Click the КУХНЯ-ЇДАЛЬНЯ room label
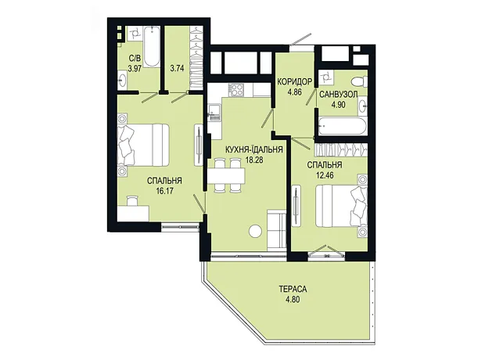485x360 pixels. pyautogui.click(x=254, y=150)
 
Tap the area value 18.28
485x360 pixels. pyautogui.click(x=254, y=160)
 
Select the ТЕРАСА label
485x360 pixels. pyautogui.click(x=293, y=290)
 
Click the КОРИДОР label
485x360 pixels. pyautogui.click(x=294, y=82)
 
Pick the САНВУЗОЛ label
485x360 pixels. pyautogui.click(x=339, y=95)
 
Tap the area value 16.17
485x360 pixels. pyautogui.click(x=164, y=191)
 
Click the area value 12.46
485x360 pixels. pyautogui.click(x=325, y=175)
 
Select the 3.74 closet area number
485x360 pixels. pyautogui.click(x=177, y=68)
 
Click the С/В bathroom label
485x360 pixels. pyautogui.click(x=135, y=58)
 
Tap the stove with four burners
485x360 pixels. pyautogui.click(x=236, y=90)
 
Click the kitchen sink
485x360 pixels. pyautogui.click(x=214, y=113)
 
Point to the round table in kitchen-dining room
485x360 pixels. pyautogui.click(x=256, y=231)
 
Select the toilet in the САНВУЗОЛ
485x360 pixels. pyautogui.click(x=358, y=81)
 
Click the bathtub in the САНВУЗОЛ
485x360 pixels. pyautogui.click(x=342, y=126)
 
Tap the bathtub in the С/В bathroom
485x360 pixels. pyautogui.click(x=152, y=46)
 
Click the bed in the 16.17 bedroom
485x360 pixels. pyautogui.click(x=143, y=146)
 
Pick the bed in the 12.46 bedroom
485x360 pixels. pyautogui.click(x=341, y=206)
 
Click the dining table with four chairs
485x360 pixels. pyautogui.click(x=226, y=176)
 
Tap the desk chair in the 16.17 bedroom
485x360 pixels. pyautogui.click(x=132, y=200)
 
